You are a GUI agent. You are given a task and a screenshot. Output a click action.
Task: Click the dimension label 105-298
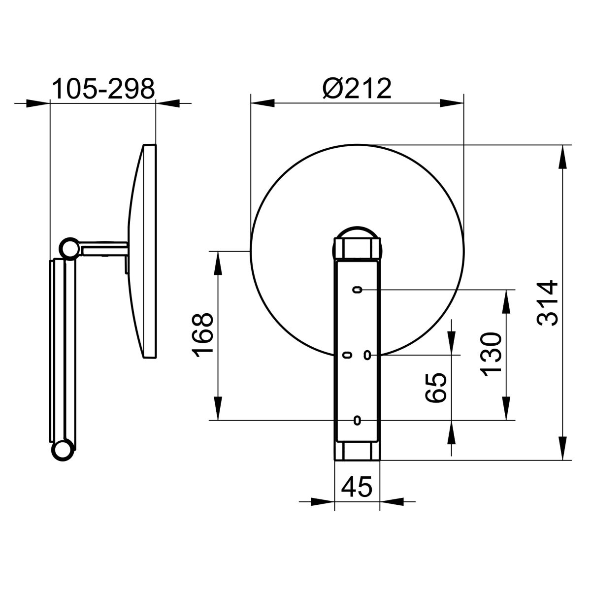(103, 89)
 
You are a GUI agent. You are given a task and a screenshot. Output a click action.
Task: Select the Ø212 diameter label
(357, 88)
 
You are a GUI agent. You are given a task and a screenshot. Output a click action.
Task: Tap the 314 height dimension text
(547, 303)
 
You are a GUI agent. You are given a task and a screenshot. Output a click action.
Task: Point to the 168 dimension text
(202, 335)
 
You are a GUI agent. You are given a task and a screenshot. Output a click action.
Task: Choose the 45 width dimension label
(357, 487)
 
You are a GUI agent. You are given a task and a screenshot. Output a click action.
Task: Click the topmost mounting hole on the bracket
(357, 290)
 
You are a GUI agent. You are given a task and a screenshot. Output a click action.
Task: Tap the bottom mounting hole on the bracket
(357, 420)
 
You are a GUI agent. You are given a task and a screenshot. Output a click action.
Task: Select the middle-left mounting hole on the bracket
(347, 355)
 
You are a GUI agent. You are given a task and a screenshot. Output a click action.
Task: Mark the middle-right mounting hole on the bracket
(367, 355)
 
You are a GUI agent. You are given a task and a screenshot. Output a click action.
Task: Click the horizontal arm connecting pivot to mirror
(104, 249)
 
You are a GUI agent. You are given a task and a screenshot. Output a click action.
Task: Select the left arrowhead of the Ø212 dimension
(263, 103)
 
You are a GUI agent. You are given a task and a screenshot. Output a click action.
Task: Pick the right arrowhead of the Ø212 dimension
(452, 103)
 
